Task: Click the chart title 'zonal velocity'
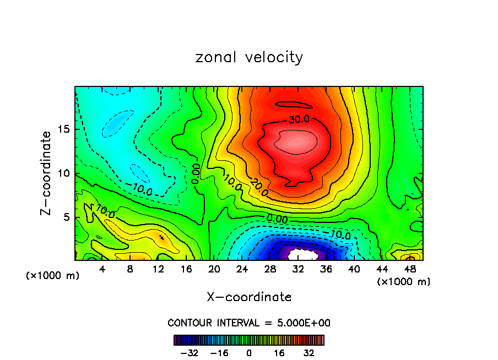(x=249, y=57)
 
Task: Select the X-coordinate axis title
(x=249, y=297)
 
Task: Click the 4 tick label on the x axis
(x=102, y=270)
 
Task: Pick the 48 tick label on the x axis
(x=409, y=270)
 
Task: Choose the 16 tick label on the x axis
(x=186, y=270)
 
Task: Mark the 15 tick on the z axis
(x=65, y=129)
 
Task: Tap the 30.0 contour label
(x=299, y=119)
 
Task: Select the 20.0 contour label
(x=259, y=188)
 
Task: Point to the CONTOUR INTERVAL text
(x=249, y=323)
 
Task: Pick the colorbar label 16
(x=279, y=352)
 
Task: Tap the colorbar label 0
(x=249, y=352)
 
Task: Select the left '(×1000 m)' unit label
(x=53, y=276)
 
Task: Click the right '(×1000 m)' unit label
(x=404, y=282)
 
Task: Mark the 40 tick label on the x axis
(x=354, y=270)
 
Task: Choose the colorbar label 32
(x=309, y=352)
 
